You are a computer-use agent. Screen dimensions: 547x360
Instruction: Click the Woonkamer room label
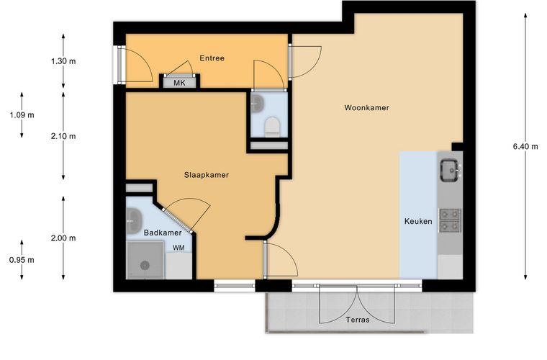(x=366, y=107)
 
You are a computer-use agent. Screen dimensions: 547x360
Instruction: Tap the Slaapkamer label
(x=207, y=175)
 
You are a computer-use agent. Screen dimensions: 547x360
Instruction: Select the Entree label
(x=212, y=58)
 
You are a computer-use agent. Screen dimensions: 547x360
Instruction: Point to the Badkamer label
(x=163, y=233)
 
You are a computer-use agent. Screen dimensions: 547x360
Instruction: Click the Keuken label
(x=418, y=221)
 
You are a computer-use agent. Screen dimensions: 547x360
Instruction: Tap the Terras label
(x=358, y=320)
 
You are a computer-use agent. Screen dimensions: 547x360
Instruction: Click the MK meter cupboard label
(x=180, y=83)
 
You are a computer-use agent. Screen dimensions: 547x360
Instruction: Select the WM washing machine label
(x=178, y=248)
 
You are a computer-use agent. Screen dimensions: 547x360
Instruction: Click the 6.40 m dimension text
(x=525, y=146)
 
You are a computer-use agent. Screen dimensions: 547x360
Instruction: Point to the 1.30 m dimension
(x=63, y=61)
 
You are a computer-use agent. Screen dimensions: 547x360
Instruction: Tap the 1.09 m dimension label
(x=22, y=114)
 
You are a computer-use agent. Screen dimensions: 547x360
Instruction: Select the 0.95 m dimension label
(x=22, y=259)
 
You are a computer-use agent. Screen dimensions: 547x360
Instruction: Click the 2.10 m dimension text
(x=63, y=136)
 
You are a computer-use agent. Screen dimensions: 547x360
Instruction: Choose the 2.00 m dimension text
(x=63, y=238)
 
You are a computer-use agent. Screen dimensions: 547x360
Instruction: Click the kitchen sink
(x=450, y=170)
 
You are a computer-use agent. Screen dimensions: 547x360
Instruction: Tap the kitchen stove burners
(x=450, y=220)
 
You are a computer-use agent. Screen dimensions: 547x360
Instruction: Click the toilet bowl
(x=272, y=126)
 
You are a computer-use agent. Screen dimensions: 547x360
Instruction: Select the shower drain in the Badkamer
(x=145, y=266)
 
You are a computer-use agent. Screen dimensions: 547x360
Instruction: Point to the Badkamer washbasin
(x=134, y=221)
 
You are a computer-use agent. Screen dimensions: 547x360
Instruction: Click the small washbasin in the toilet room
(x=258, y=103)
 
